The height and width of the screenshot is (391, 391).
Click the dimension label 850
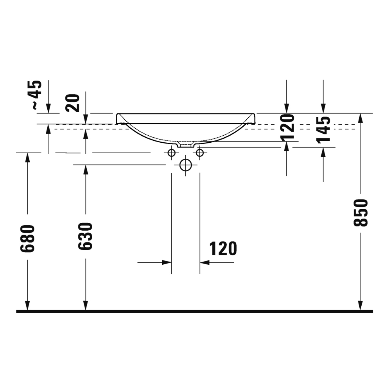361,213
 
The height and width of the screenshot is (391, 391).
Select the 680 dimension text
27,239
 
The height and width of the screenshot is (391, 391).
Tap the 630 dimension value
85,236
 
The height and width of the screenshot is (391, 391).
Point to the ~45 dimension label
36,95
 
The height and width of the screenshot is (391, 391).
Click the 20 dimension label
72,103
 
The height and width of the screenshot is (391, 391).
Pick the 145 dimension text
323,130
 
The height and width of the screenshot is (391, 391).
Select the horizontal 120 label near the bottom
223,249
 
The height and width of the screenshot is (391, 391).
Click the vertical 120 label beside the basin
287,127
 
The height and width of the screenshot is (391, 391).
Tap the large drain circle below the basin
185,165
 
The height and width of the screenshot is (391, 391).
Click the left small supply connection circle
172,152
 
